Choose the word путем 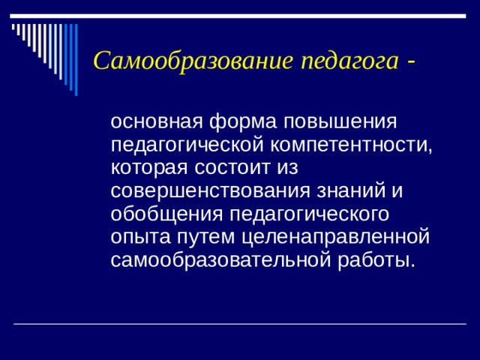coord(201,237)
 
